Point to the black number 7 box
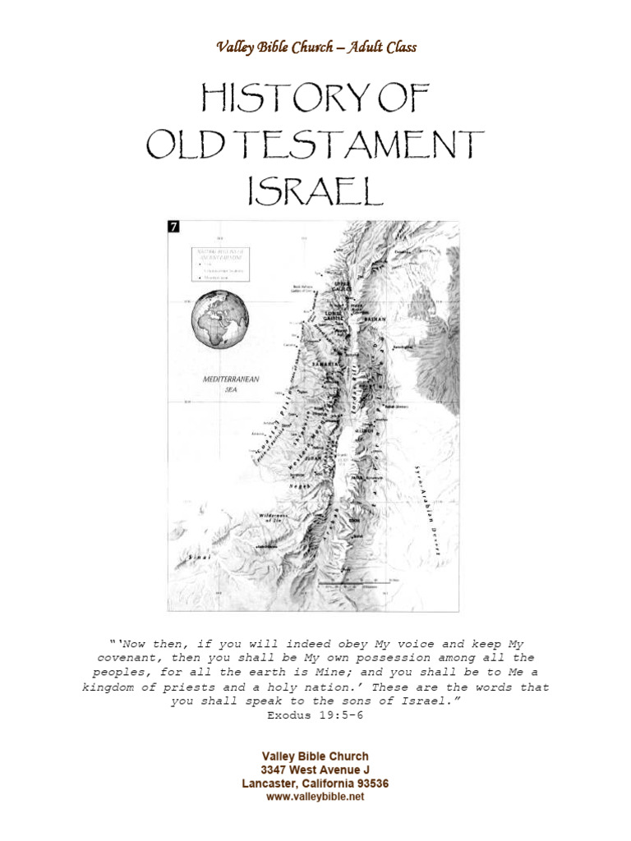(x=173, y=227)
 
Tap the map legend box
(x=220, y=263)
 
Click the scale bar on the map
(x=342, y=583)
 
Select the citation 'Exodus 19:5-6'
(x=315, y=715)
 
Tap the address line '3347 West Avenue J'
(x=315, y=770)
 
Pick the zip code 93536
(x=370, y=784)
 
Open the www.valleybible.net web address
(x=315, y=797)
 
